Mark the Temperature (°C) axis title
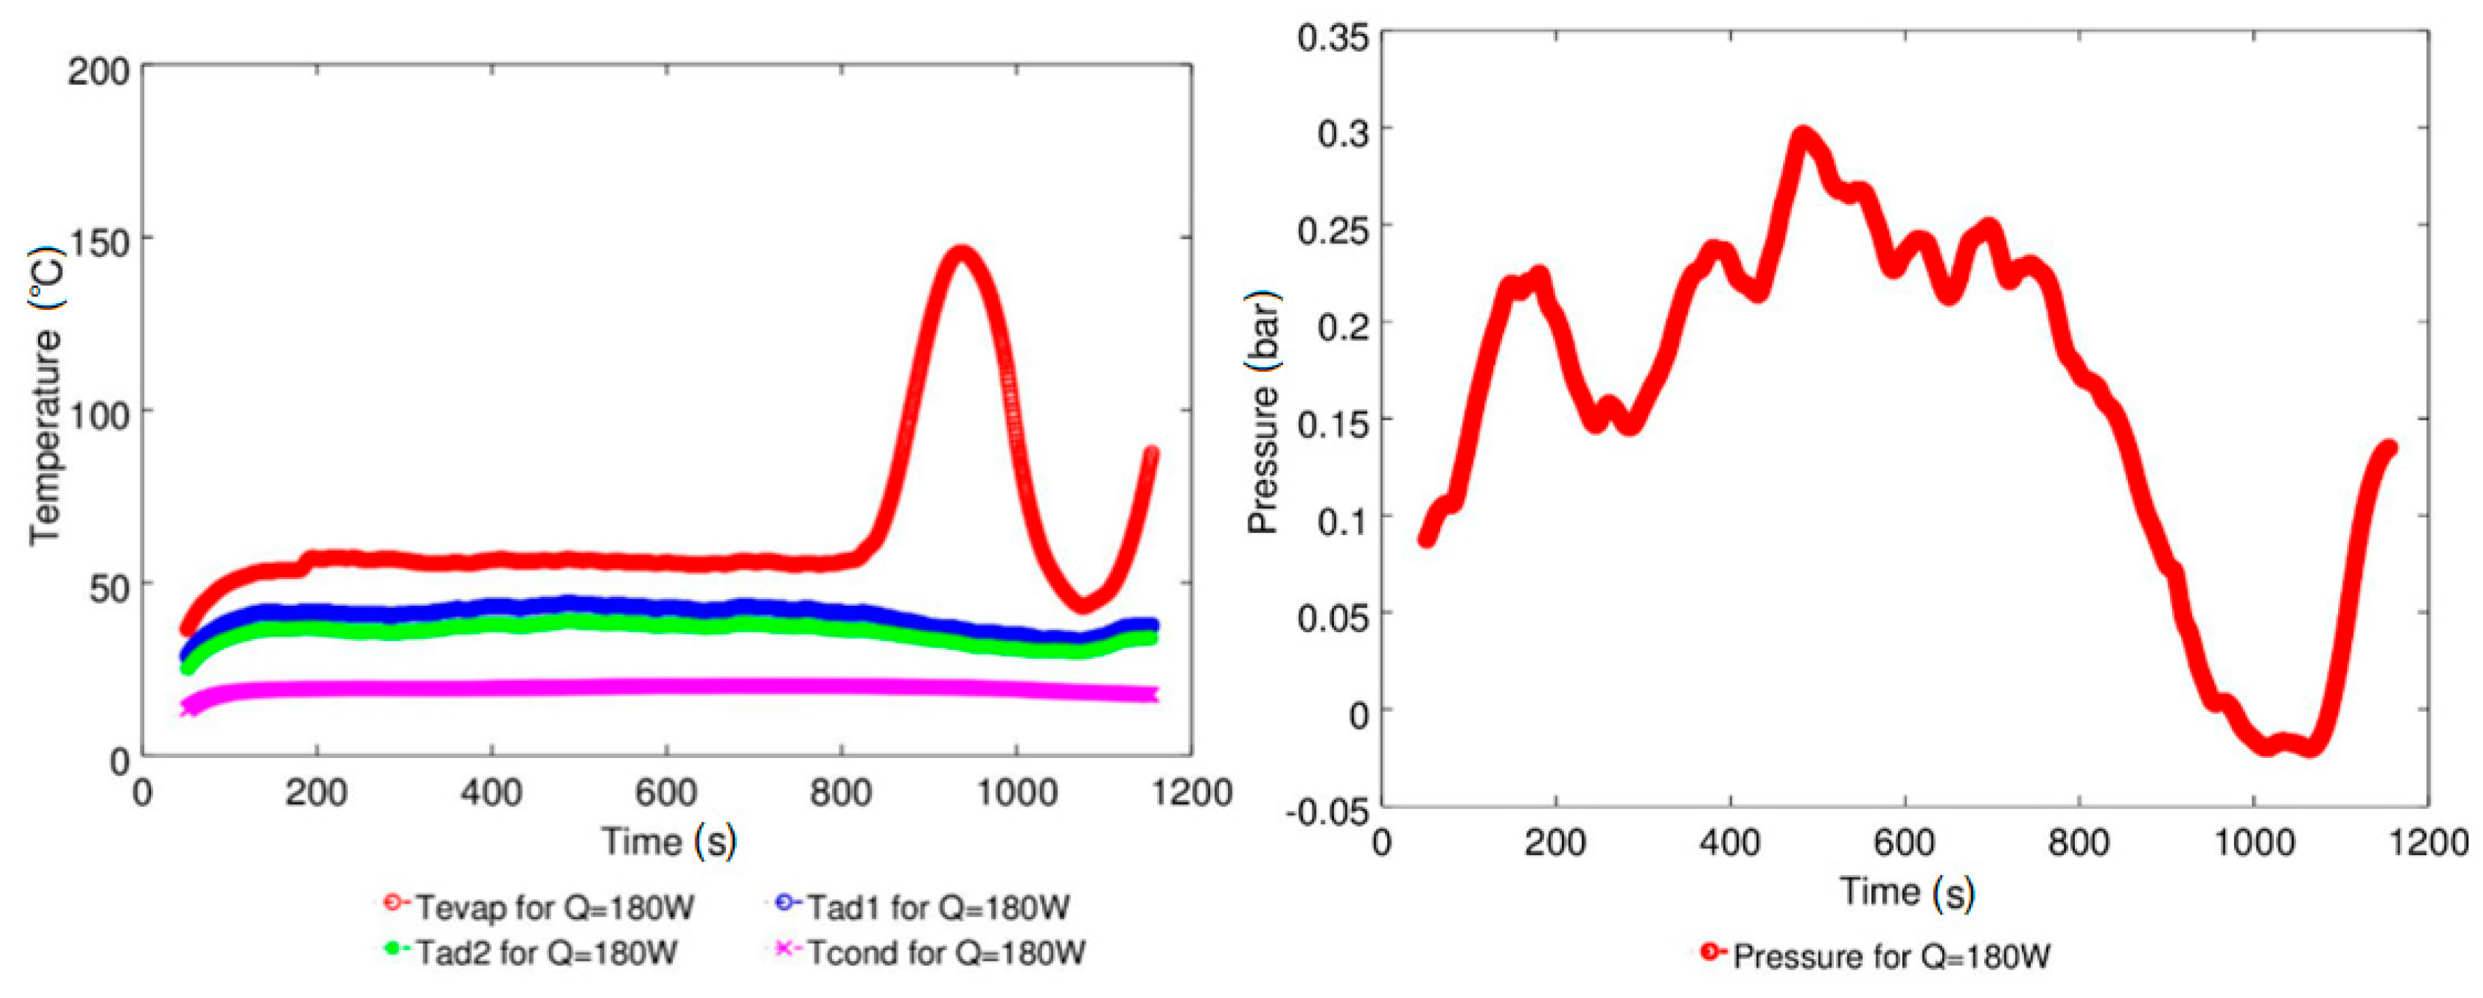(x=46, y=395)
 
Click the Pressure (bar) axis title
(x=1264, y=414)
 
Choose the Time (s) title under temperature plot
(x=669, y=841)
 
